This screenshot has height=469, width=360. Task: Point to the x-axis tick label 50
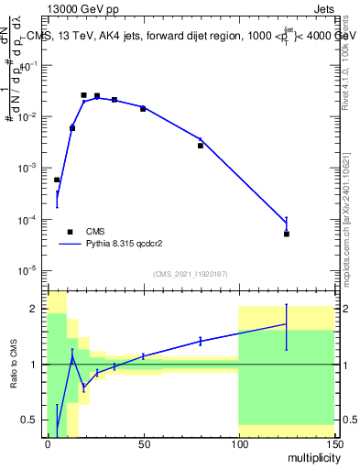[x=143, y=444]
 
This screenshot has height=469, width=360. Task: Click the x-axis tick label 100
[x=238, y=444]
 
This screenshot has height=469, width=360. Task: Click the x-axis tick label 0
[x=48, y=444]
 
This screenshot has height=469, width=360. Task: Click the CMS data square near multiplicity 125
[x=286, y=234]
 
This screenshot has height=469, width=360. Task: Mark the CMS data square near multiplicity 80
[x=201, y=146]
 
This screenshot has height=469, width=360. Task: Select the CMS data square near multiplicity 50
[x=143, y=109]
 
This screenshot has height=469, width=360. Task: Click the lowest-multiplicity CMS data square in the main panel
[x=57, y=180]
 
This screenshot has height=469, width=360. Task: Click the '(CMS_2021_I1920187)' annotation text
[x=190, y=274]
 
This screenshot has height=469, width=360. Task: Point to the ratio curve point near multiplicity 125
[x=286, y=324]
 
